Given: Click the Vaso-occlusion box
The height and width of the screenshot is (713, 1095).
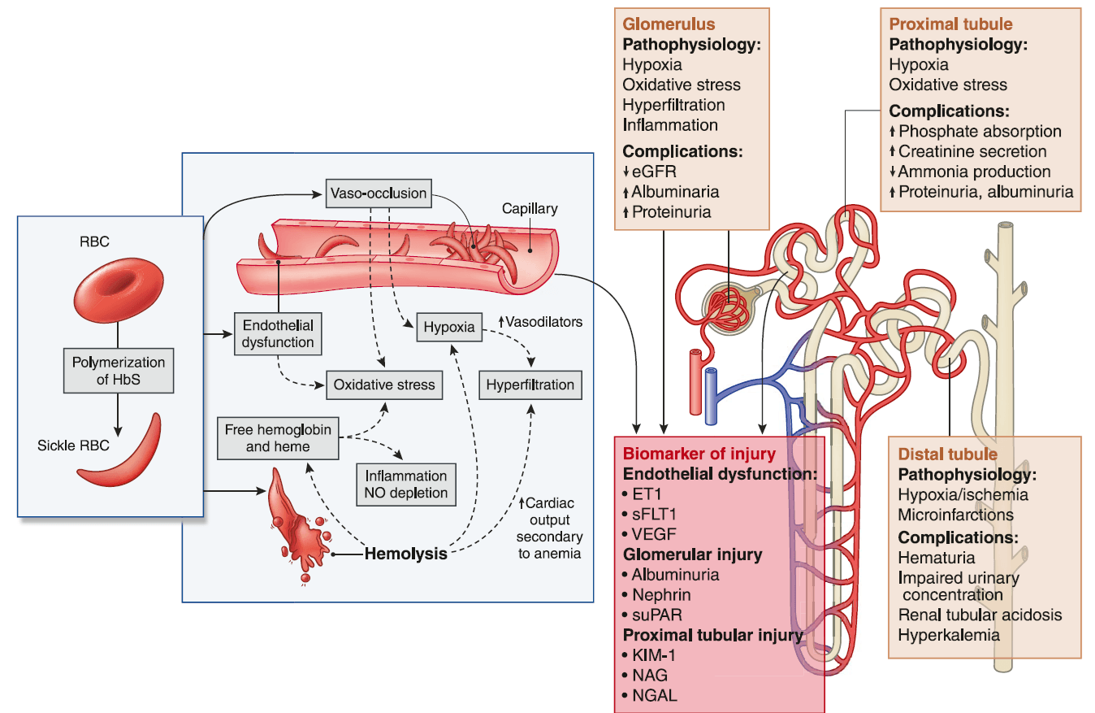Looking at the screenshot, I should pyautogui.click(x=378, y=193).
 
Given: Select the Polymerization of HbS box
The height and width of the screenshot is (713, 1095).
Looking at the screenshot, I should pyautogui.click(x=119, y=372).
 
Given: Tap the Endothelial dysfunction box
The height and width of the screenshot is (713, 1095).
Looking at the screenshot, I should pyautogui.click(x=278, y=333).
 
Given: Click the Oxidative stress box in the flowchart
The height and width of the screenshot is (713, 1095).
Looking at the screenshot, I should pyautogui.click(x=384, y=385).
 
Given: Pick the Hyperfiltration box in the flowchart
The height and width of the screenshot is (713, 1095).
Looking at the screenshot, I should pyautogui.click(x=530, y=385).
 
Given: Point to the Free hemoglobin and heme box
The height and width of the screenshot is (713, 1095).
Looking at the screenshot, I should pyautogui.click(x=278, y=438).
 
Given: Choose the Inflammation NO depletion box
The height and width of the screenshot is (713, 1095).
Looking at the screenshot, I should pyautogui.click(x=406, y=484).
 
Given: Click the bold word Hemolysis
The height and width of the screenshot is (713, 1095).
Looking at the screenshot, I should pyautogui.click(x=406, y=554).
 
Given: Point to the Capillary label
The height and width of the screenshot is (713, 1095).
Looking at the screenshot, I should pyautogui.click(x=530, y=209).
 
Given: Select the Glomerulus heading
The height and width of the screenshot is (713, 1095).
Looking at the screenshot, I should pyautogui.click(x=657, y=24).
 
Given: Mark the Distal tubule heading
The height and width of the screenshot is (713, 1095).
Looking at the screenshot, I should pyautogui.click(x=947, y=453).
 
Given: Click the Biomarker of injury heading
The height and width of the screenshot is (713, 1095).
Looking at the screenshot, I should pyautogui.click(x=699, y=454).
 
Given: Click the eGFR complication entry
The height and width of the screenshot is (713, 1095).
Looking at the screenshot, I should pyautogui.click(x=653, y=172).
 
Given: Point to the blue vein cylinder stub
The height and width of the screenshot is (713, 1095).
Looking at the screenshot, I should pyautogui.click(x=712, y=396).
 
